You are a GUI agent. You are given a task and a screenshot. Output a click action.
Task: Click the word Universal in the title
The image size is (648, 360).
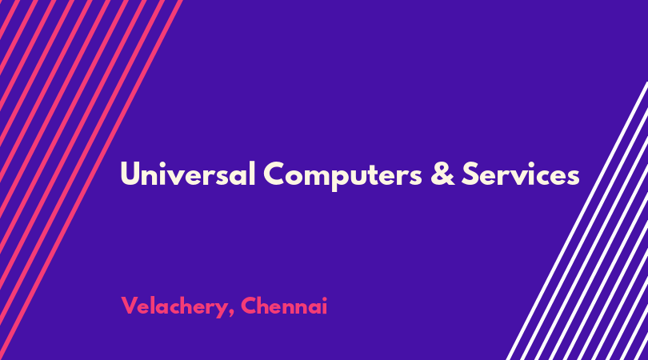tap(188, 174)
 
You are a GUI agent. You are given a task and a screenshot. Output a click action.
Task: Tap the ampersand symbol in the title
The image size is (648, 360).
tap(442, 174)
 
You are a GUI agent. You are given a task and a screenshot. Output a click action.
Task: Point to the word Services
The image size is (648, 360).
tap(520, 174)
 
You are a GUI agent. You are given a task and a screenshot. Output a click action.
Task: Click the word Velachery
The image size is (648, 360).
tap(173, 307)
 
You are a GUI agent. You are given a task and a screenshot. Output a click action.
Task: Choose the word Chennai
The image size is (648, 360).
tap(284, 306)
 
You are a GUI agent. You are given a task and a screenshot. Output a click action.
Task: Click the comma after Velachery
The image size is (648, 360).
tap(231, 313)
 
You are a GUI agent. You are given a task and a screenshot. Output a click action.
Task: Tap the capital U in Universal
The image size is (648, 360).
tap(130, 174)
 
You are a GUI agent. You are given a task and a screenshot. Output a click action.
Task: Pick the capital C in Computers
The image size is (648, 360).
tap(275, 174)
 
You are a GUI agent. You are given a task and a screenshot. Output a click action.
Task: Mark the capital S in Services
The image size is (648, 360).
tap(470, 174)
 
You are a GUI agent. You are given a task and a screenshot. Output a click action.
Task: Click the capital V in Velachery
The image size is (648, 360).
tap(130, 306)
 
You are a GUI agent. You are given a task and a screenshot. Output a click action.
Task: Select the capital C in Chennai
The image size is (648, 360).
tap(249, 306)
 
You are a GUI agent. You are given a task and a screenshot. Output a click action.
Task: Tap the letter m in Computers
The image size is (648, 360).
tap(317, 177)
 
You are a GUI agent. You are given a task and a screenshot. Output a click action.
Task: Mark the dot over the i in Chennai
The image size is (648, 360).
tap(325, 298)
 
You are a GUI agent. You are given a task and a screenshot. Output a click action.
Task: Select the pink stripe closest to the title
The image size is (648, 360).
tap(91, 180)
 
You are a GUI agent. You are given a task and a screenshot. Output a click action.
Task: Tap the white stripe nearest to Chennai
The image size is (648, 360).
tap(577, 221)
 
